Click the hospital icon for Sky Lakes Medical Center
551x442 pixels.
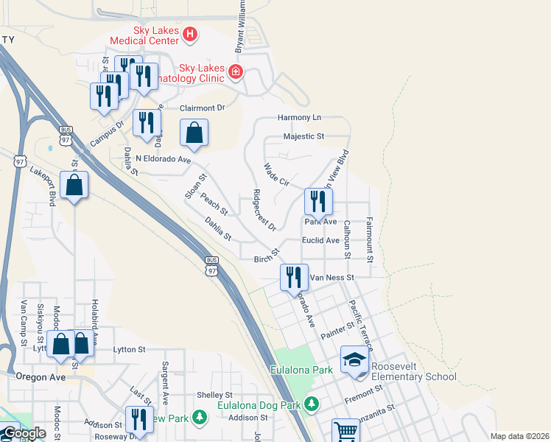pyautogui.click(x=190, y=34)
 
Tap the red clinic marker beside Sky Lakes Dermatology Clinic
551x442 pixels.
pyautogui.click(x=235, y=71)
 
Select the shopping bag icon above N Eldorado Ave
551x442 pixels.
pyautogui.click(x=194, y=133)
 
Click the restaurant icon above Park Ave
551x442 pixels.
pyautogui.click(x=318, y=201)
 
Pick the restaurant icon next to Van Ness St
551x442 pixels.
pyautogui.click(x=294, y=278)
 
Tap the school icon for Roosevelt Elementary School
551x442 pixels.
pyautogui.click(x=354, y=359)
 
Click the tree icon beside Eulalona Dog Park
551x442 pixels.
pyautogui.click(x=312, y=404)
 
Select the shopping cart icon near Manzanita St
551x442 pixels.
pyautogui.click(x=345, y=431)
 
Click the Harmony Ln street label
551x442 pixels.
pyautogui.click(x=300, y=118)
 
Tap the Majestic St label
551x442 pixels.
pyautogui.click(x=304, y=137)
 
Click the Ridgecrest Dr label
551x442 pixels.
pyautogui.click(x=264, y=210)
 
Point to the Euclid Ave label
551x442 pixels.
pyautogui.click(x=320, y=240)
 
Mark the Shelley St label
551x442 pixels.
pyautogui.click(x=214, y=395)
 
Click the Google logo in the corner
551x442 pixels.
pyautogui.click(x=24, y=433)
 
